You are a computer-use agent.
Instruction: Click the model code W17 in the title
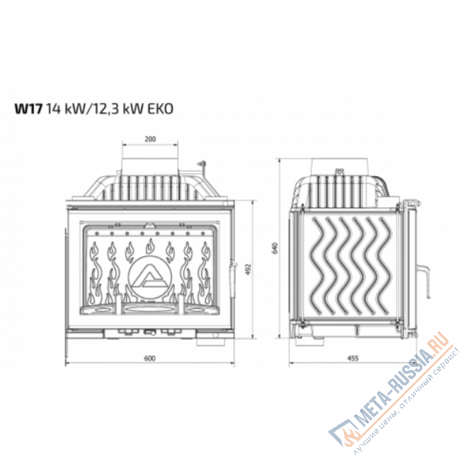pos(28,109)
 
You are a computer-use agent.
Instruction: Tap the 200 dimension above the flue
pos(149,139)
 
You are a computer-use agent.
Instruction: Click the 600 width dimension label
pos(149,358)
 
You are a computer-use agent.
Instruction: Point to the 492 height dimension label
pos(247,270)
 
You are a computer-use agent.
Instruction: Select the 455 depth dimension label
pos(354,358)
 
